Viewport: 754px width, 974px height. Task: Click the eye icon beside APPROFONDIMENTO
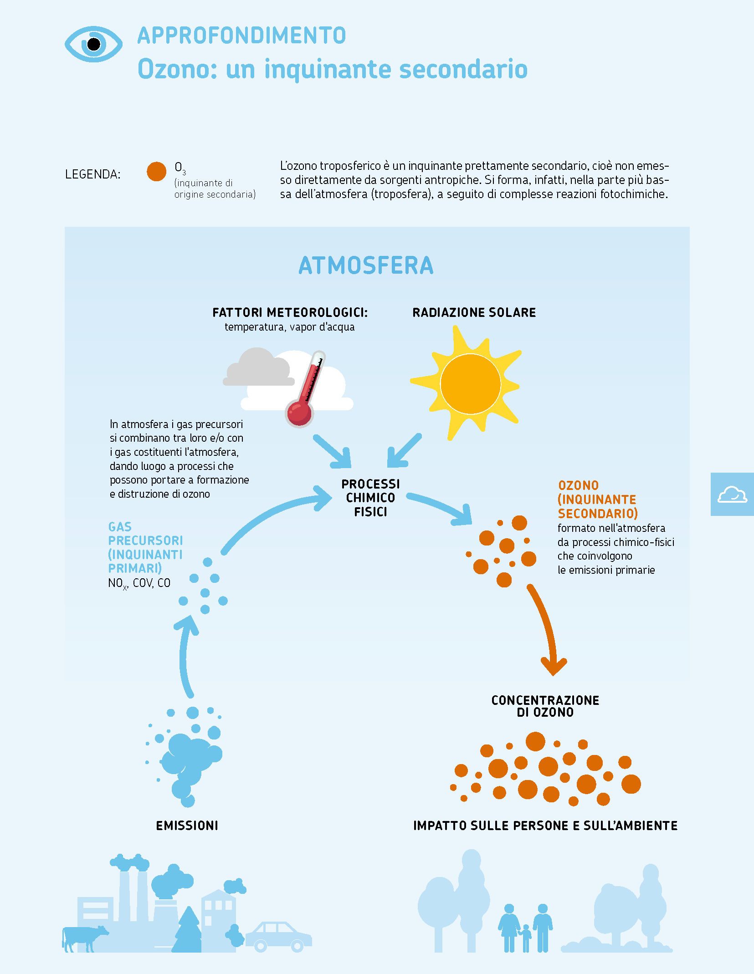tap(93, 44)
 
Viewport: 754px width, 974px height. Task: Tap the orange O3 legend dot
tap(156, 171)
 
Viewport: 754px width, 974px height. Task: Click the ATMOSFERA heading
tap(366, 265)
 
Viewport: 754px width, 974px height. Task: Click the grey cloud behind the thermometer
tap(258, 367)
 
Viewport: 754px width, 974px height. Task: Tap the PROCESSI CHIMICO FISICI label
tap(371, 498)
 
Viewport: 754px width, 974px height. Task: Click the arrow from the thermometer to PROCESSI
tap(333, 451)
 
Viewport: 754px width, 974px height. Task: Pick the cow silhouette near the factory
tap(84, 938)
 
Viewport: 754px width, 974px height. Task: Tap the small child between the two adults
tap(526, 938)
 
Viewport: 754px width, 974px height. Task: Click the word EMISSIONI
tap(187, 826)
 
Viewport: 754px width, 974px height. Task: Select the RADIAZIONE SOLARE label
tap(474, 312)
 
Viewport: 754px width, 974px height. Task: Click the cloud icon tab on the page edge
tap(732, 495)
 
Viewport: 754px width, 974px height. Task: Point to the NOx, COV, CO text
tap(139, 583)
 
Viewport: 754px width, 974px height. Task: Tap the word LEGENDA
tap(93, 174)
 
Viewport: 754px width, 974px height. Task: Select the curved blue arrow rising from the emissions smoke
tap(183, 656)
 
